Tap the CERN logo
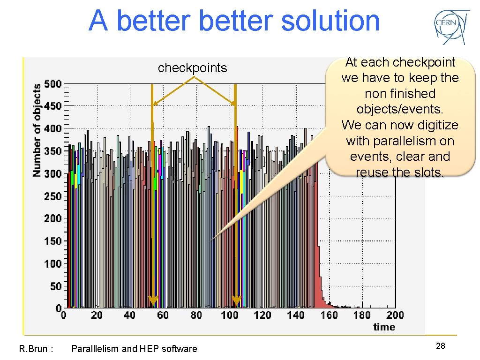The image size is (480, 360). pos(450,27)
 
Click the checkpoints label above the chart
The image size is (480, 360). pos(192,68)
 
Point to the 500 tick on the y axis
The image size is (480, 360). pos(52,84)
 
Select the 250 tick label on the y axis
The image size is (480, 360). pos(52,196)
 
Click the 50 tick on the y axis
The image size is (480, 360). pos(55,286)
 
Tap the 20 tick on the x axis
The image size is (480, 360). pos(97,315)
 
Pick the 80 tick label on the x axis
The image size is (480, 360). pos(196,315)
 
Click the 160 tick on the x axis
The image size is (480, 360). pos(329,315)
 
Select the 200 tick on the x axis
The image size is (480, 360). pos(395,315)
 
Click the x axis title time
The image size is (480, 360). pos(384,327)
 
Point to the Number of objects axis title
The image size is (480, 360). pos(37,130)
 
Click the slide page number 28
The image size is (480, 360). pos(440,346)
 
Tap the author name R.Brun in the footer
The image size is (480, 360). pos(33,349)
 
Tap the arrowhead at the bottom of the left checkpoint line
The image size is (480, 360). pos(153,300)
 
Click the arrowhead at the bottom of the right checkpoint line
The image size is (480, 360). pos(236,300)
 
